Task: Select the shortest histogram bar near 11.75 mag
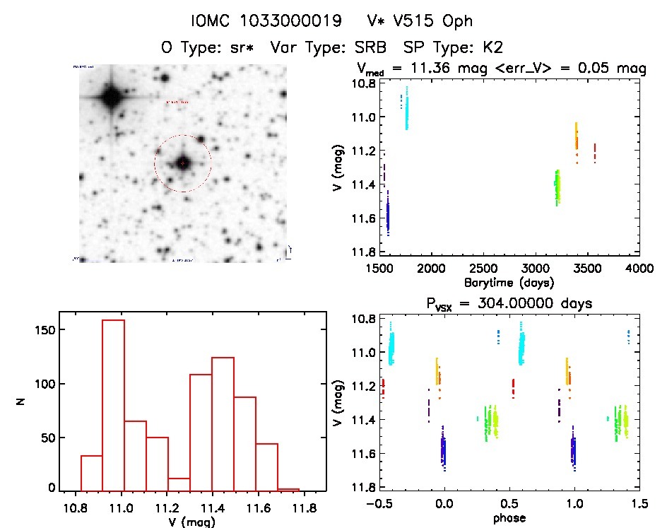tap(288, 489)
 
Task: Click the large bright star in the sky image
tap(111, 97)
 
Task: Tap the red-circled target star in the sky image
tap(182, 163)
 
